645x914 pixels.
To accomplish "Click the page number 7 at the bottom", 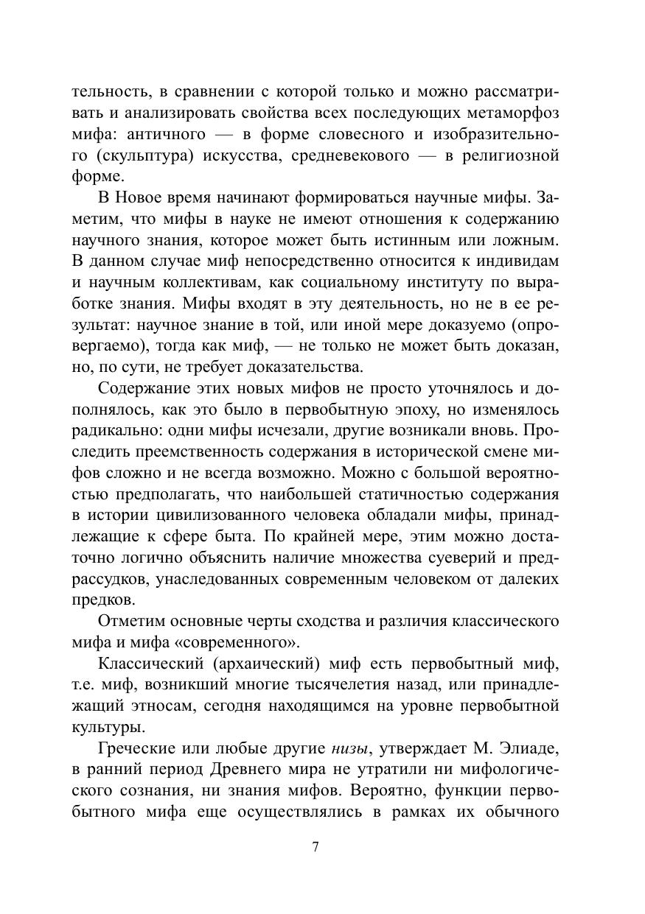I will coord(315,846).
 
